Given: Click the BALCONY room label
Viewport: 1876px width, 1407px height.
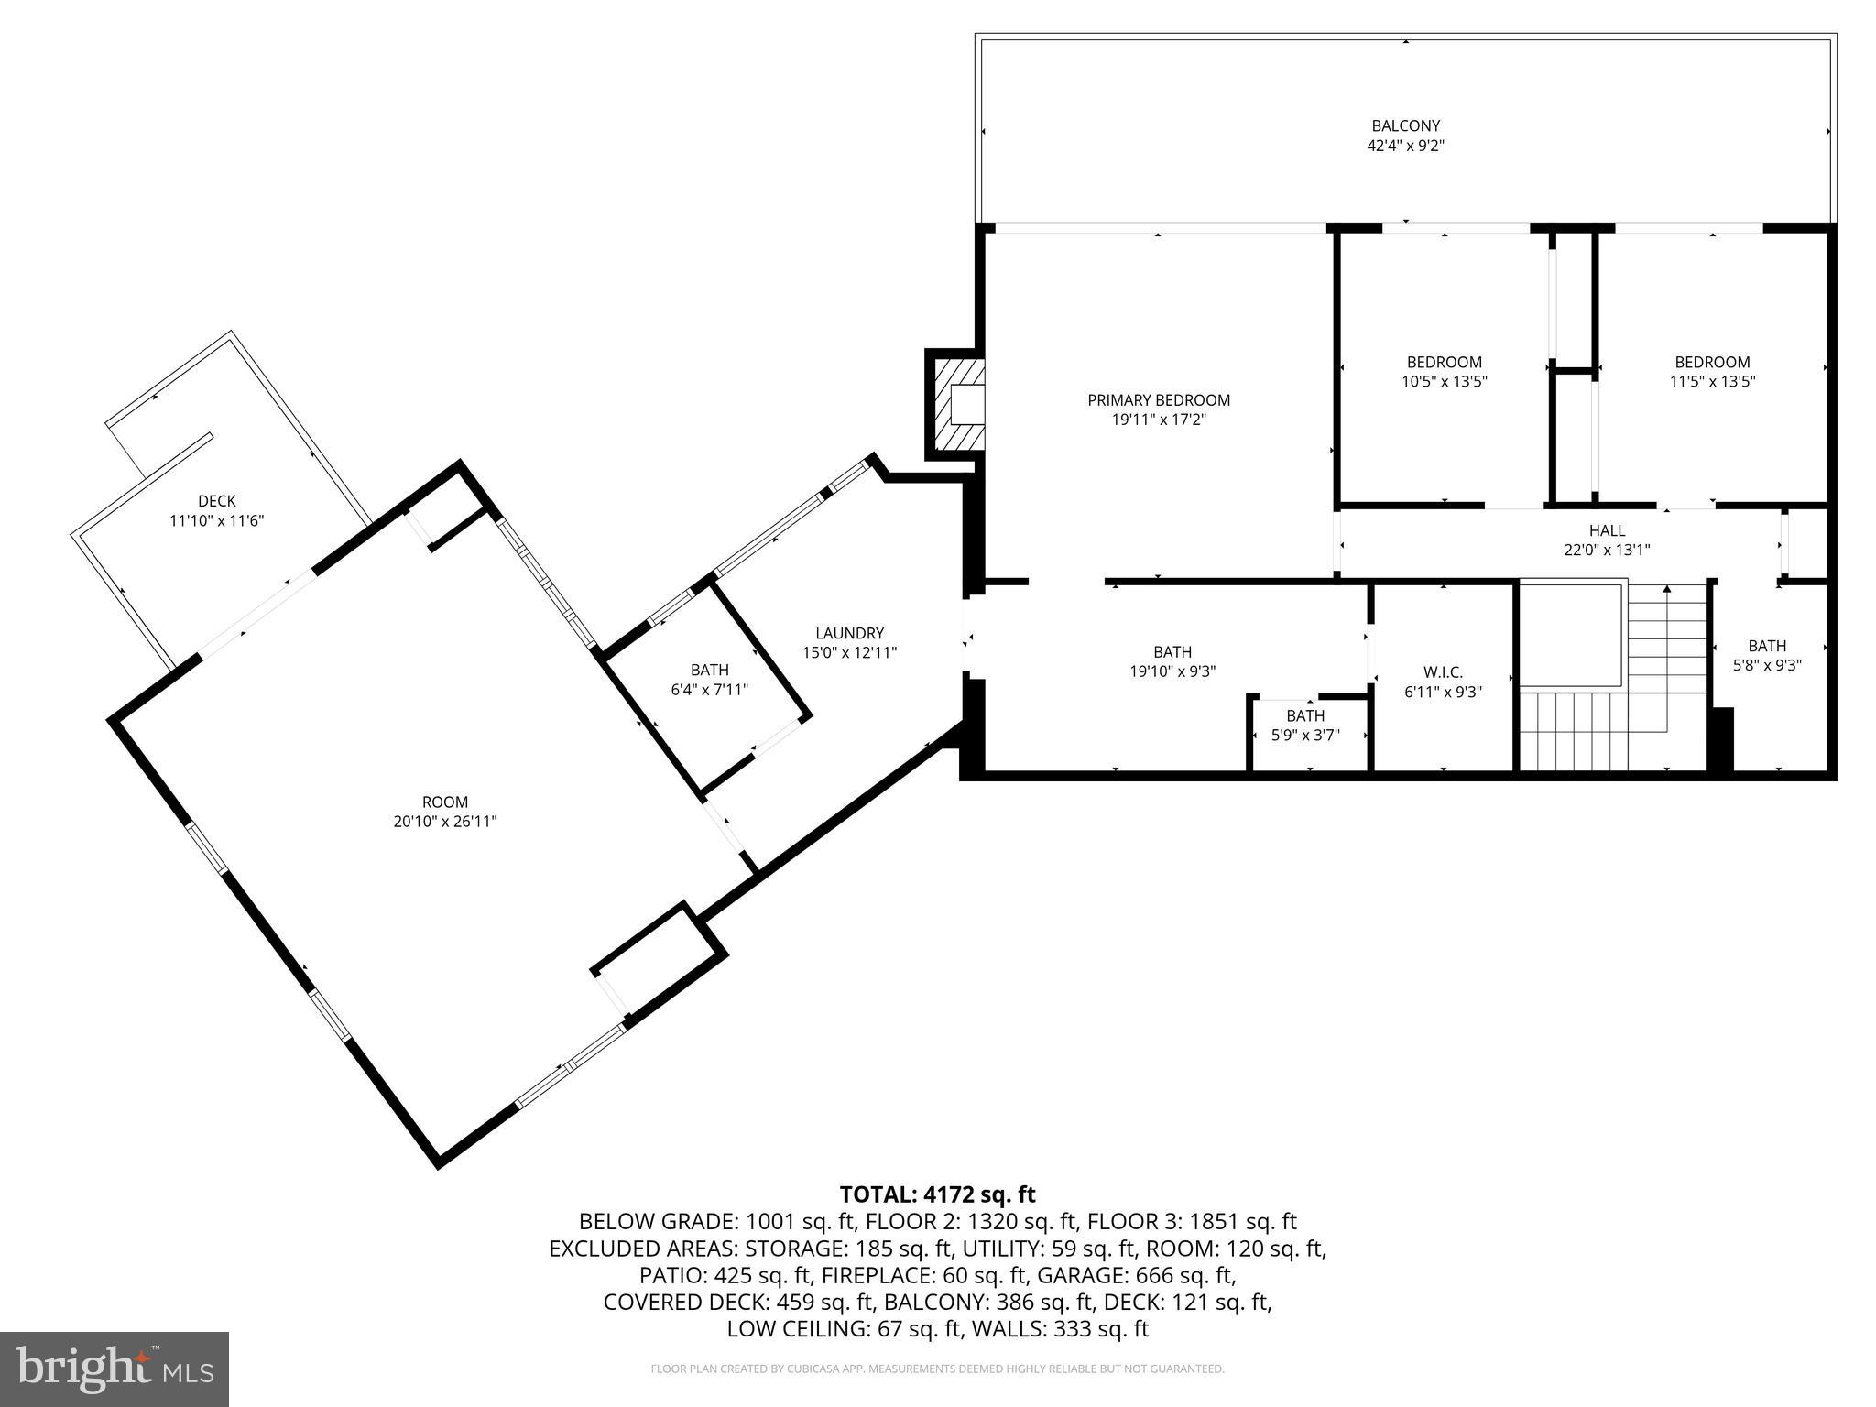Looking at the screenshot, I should tap(1405, 126).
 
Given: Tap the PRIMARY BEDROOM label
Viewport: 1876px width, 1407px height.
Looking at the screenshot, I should tap(1158, 400).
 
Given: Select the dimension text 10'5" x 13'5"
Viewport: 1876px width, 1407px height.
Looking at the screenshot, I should tap(1444, 382).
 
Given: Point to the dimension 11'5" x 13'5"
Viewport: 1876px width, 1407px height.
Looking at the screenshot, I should tap(1711, 382).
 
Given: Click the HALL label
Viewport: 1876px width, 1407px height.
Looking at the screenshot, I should tap(1607, 530).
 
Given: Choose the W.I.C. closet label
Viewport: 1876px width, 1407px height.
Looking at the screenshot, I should tap(1443, 672).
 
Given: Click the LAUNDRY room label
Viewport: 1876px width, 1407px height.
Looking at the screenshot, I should tap(849, 633).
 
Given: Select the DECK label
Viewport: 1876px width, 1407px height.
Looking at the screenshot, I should tap(217, 501).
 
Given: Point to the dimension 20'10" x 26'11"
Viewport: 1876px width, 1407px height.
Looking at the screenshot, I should tap(445, 822).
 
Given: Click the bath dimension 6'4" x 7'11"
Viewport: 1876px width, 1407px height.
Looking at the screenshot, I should tap(709, 690).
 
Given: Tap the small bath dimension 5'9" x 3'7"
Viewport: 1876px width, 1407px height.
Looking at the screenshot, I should tap(1304, 735).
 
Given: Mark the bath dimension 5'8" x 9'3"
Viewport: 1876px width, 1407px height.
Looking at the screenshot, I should tap(1766, 666).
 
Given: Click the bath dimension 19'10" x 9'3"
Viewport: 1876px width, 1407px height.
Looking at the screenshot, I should tap(1172, 671).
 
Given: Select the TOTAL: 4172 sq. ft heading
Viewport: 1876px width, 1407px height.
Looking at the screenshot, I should tap(937, 1194).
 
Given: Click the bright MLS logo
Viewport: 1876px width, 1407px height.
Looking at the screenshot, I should tap(115, 1369).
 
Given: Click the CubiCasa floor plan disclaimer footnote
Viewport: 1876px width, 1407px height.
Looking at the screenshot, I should tap(937, 1369).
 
